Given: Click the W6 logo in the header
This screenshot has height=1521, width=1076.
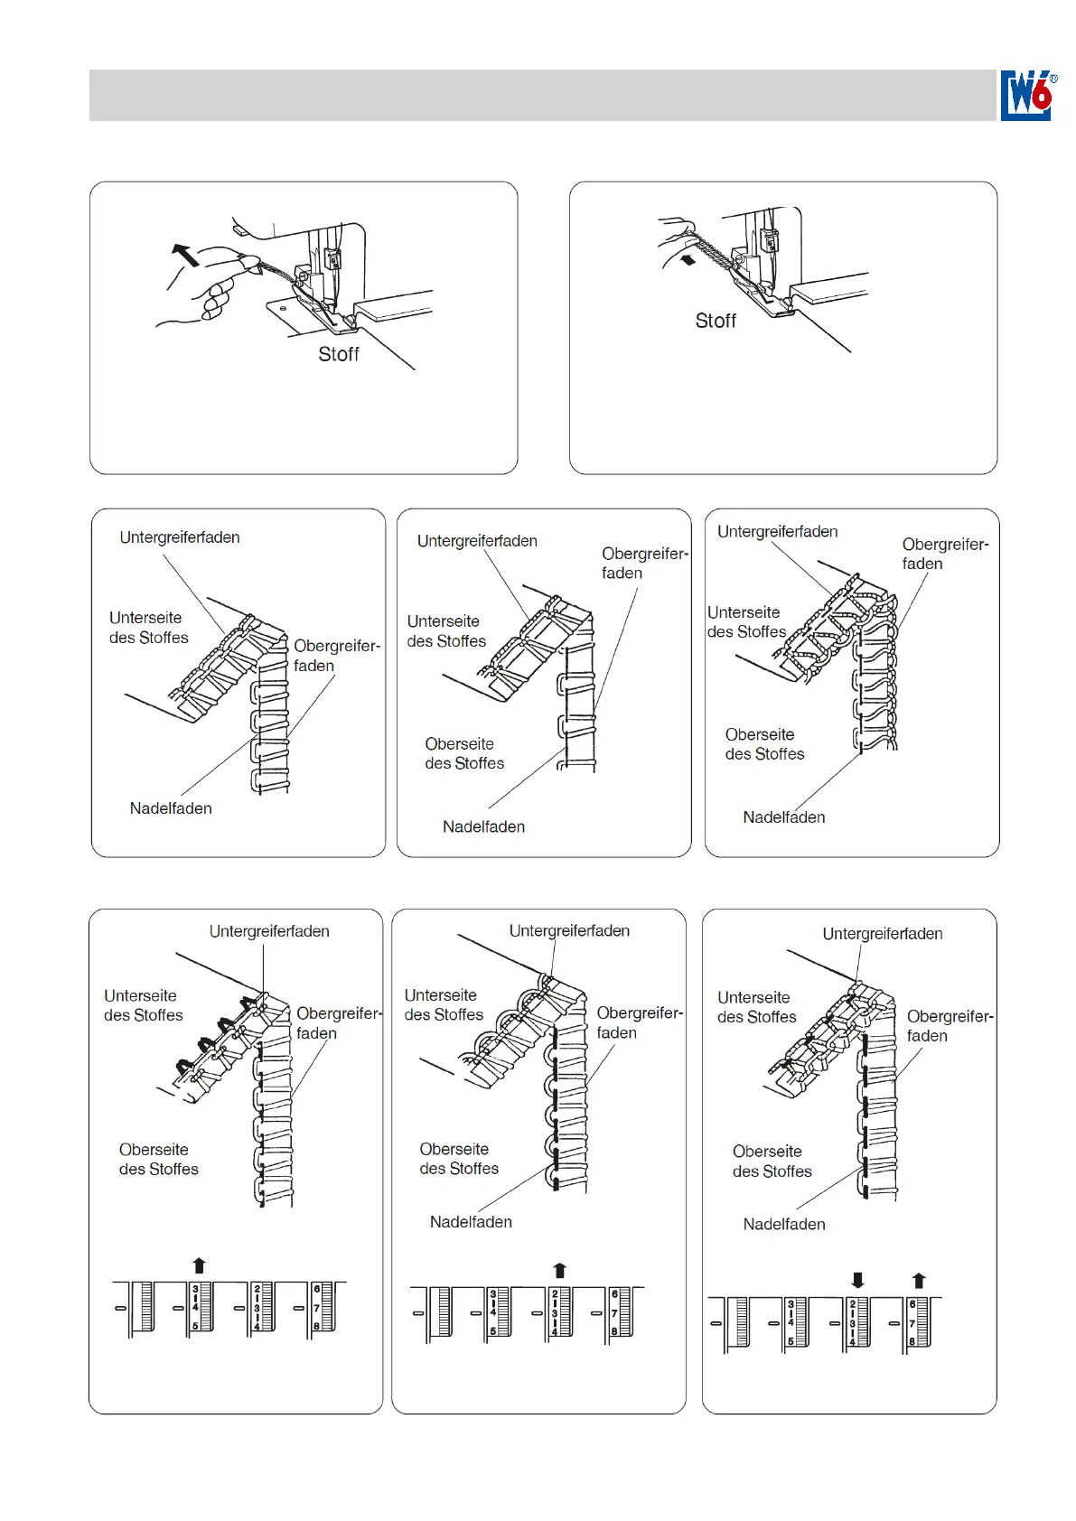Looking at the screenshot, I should [x=1027, y=95].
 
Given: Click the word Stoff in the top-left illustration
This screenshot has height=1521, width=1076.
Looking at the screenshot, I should [x=339, y=354].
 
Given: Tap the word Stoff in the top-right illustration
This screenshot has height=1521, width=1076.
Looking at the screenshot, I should [x=716, y=321].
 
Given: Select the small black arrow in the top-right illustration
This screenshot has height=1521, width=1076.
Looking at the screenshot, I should [x=688, y=260].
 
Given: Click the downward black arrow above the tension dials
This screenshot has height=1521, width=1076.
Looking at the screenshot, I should [x=857, y=1280].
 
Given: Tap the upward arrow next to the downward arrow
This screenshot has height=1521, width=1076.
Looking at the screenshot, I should [x=919, y=1280].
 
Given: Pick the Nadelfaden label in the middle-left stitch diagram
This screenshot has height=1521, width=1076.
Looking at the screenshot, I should [x=171, y=808].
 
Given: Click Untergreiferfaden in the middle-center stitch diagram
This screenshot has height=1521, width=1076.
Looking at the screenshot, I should [x=477, y=541].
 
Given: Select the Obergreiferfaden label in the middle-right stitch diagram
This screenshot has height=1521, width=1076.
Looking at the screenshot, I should [x=945, y=554].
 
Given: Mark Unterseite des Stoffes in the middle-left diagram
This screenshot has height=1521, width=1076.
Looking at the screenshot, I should [x=149, y=628].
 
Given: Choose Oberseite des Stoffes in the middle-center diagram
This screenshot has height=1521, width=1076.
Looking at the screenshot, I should [x=464, y=753].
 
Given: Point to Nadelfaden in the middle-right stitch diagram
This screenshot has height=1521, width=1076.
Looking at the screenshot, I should [x=784, y=817].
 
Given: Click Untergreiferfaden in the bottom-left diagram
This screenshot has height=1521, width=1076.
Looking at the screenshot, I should [x=269, y=931].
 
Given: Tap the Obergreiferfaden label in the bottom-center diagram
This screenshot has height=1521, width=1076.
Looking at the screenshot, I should [x=640, y=1022].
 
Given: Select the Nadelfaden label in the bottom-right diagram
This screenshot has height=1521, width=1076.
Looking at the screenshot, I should [x=784, y=1224].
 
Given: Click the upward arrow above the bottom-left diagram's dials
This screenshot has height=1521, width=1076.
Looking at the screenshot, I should [x=200, y=1265].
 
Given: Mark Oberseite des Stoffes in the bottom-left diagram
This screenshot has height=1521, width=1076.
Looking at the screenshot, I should [x=159, y=1159].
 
